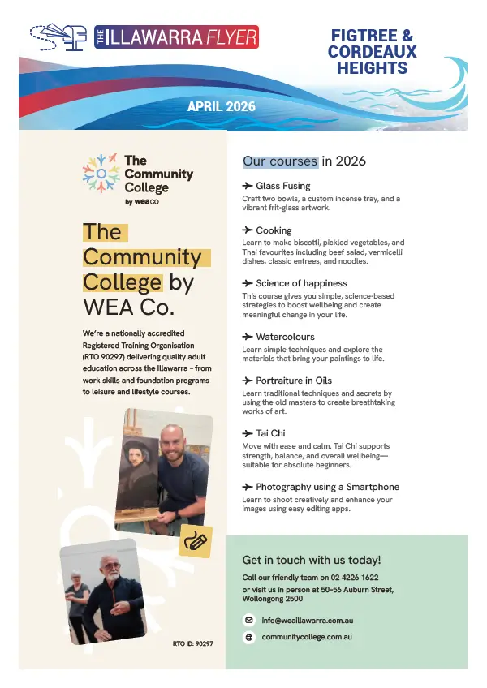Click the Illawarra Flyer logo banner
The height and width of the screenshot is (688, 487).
point(176,37)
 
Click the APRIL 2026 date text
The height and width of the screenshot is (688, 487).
point(221,106)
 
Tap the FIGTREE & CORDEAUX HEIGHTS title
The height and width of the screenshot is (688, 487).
point(373,52)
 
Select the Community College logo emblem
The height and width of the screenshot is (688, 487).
point(100,173)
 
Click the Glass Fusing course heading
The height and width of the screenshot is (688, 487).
point(282,186)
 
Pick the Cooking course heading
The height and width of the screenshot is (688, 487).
point(274,230)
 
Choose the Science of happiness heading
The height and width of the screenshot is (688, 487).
point(301,283)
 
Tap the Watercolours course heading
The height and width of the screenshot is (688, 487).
point(285,337)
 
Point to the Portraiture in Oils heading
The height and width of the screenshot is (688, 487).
point(293,381)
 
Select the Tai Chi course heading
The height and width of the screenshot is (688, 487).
point(270,433)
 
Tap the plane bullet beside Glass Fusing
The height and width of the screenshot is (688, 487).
point(248,186)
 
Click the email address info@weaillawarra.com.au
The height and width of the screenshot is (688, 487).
point(307,620)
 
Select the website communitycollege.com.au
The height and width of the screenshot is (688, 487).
point(306,638)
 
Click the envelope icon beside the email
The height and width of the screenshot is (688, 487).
point(249,620)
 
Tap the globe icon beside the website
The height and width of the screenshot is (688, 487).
point(249,638)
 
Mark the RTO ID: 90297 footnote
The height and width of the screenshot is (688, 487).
point(193,643)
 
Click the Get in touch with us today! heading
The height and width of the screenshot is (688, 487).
point(312,560)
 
